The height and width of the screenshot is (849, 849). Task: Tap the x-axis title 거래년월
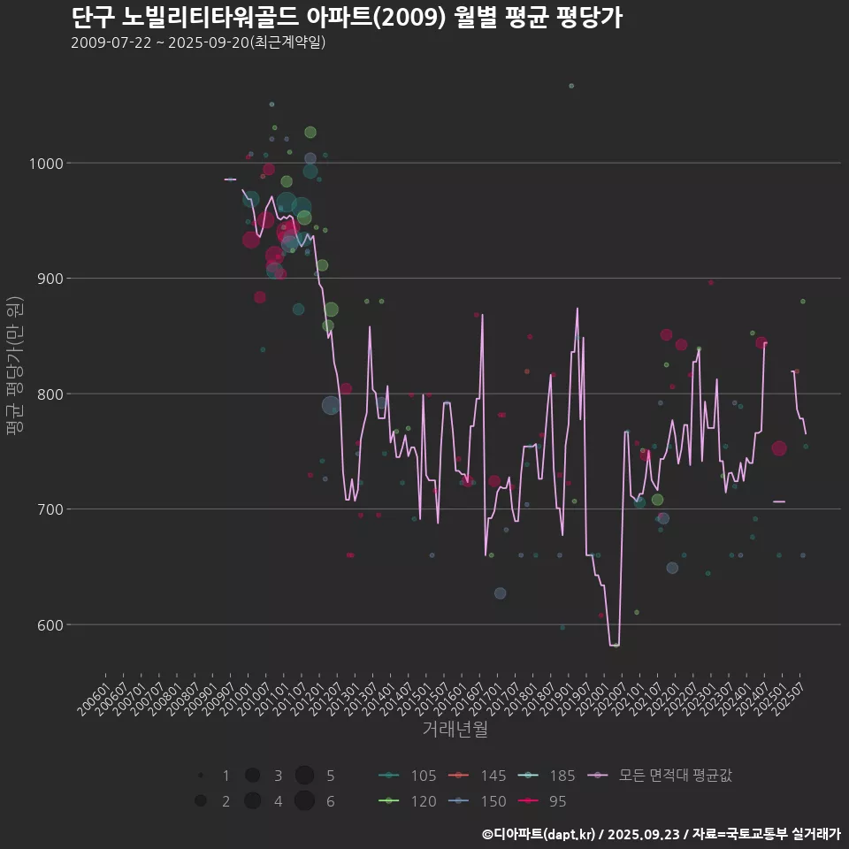(455, 730)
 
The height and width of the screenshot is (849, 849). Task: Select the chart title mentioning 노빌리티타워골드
(346, 18)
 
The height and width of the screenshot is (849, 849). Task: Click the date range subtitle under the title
(198, 42)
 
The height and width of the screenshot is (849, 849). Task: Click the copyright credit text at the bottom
(661, 834)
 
